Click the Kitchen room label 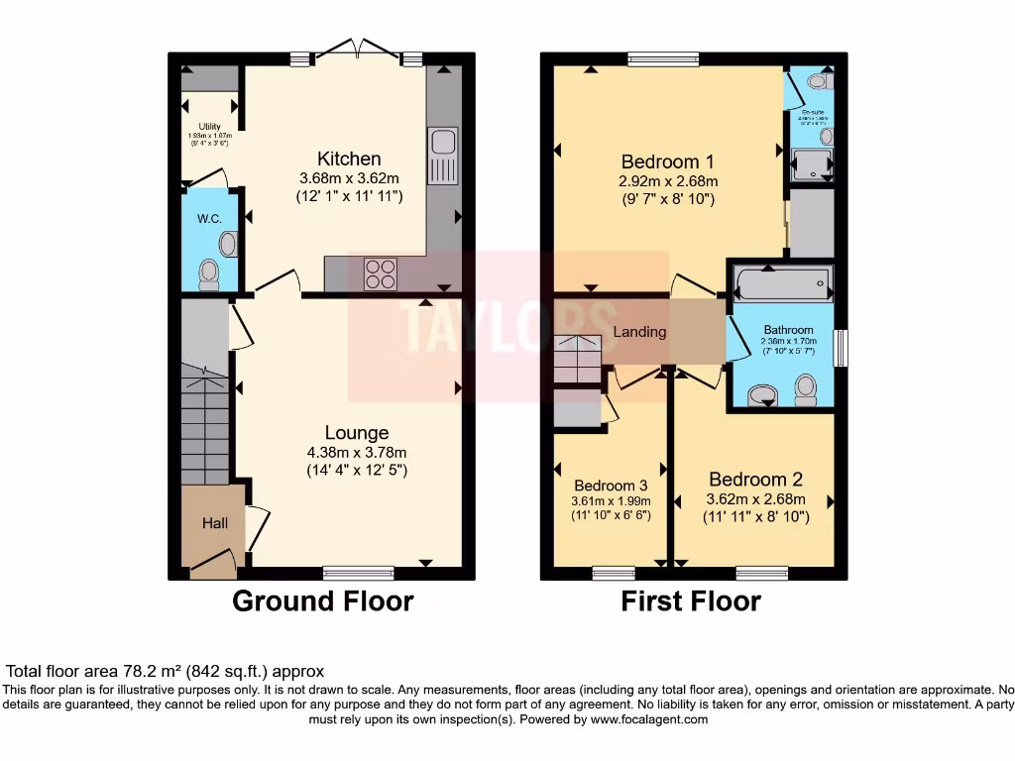click(x=349, y=159)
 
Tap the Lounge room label click(x=357, y=432)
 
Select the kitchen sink click(x=441, y=156)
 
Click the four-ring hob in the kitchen click(x=379, y=272)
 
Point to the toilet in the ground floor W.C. click(x=208, y=272)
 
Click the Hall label click(x=216, y=522)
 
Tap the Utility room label click(x=209, y=127)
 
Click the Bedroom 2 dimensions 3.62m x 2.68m click(x=755, y=499)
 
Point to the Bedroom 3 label click(x=611, y=486)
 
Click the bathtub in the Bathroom click(x=782, y=285)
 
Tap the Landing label click(x=639, y=332)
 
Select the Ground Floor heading click(x=322, y=600)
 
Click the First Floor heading click(x=691, y=600)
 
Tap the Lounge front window click(x=358, y=572)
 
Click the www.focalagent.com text click(x=650, y=719)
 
